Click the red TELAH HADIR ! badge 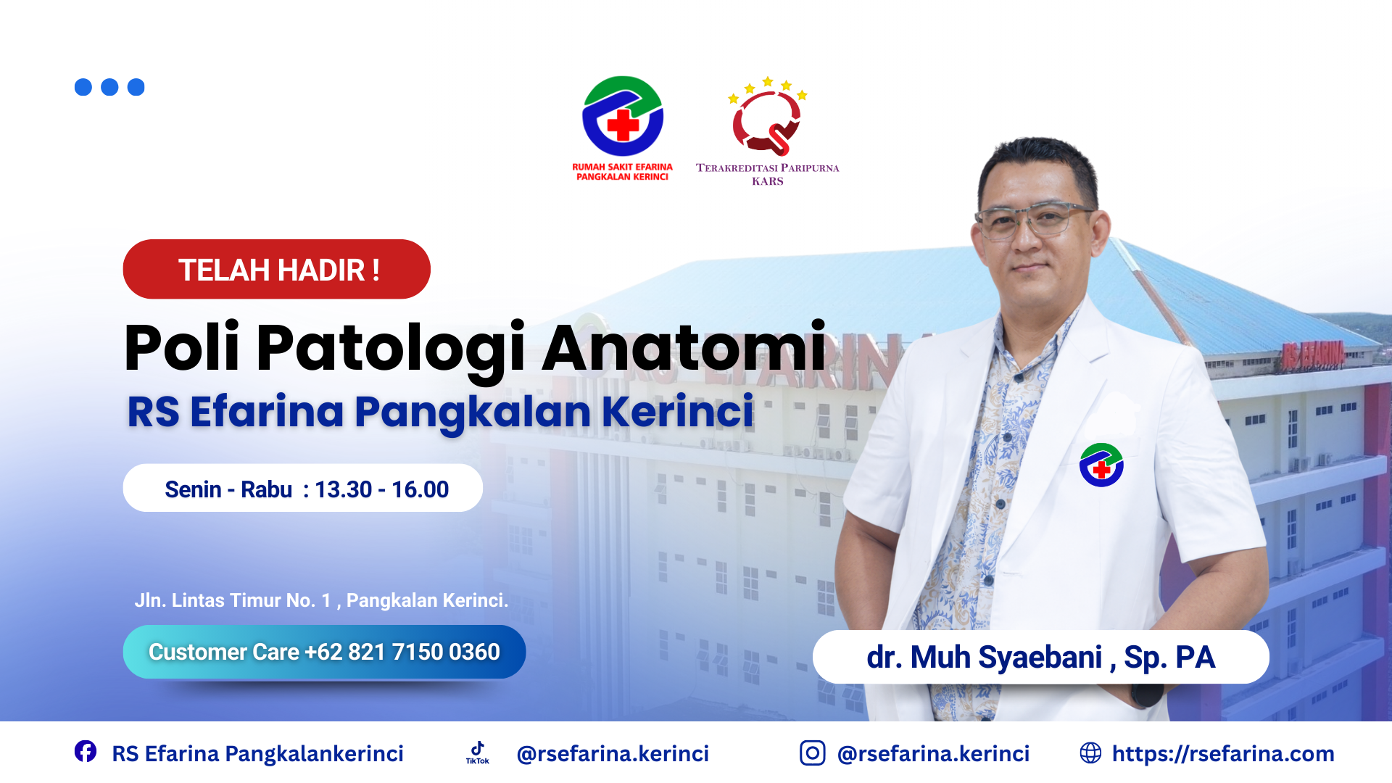pyautogui.click(x=277, y=269)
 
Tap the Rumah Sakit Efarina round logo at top pyautogui.click(x=623, y=116)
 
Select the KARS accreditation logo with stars pyautogui.click(x=768, y=116)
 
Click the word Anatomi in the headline pyautogui.click(x=684, y=347)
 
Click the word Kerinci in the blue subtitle pyautogui.click(x=678, y=411)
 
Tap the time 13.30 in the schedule pyautogui.click(x=344, y=489)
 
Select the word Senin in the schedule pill pyautogui.click(x=193, y=489)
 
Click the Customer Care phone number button pyautogui.click(x=324, y=652)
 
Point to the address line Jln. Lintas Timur pyautogui.click(x=321, y=600)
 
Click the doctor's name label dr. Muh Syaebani pyautogui.click(x=1040, y=657)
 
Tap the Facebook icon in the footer pyautogui.click(x=86, y=752)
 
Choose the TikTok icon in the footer pyautogui.click(x=478, y=753)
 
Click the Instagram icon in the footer pyautogui.click(x=812, y=753)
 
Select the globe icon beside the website pyautogui.click(x=1090, y=753)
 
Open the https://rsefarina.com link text pyautogui.click(x=1223, y=754)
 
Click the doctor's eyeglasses pyautogui.click(x=1035, y=219)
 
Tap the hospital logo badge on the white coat pyautogui.click(x=1101, y=465)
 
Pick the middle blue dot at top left pyautogui.click(x=109, y=87)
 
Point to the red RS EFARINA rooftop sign pyautogui.click(x=1313, y=355)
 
